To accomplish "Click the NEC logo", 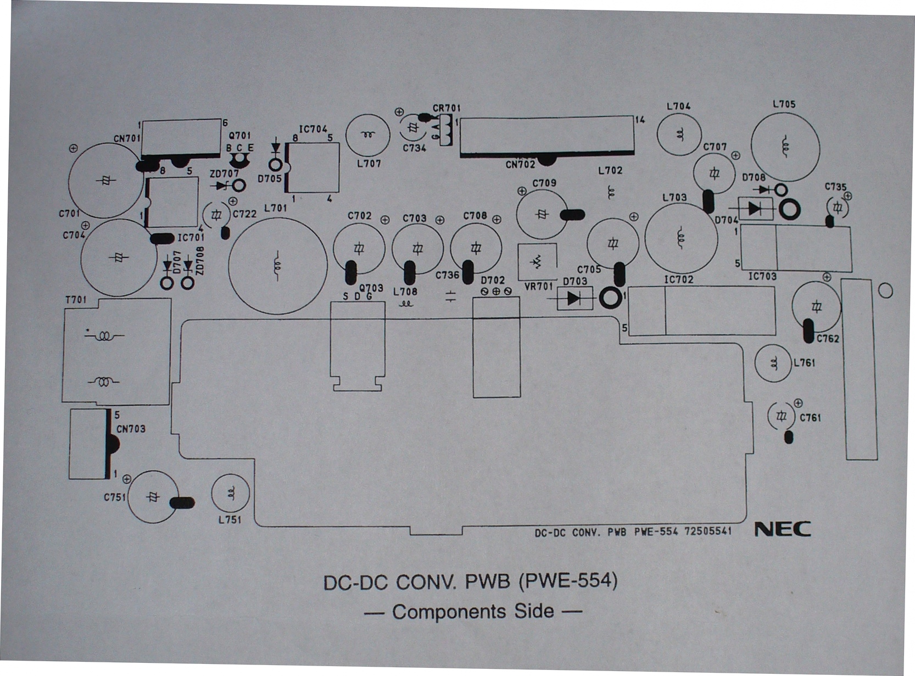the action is tap(783, 529).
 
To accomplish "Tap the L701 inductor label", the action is tap(275, 208).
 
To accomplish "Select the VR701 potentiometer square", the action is tap(537, 262).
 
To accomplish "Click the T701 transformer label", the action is tap(76, 299).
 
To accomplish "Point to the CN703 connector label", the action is tap(131, 429).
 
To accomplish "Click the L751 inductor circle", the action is tap(230, 493).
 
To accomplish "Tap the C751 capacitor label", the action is tap(114, 498).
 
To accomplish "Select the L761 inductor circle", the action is tap(773, 363).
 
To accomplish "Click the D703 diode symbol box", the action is tap(575, 298).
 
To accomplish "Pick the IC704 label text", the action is tap(313, 130).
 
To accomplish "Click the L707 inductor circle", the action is tap(367, 135).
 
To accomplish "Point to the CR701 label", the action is tap(447, 108).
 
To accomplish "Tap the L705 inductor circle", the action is tap(785, 147).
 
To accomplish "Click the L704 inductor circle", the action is tap(679, 135).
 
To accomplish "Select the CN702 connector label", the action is tap(520, 165).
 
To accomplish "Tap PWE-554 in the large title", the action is tap(568, 582).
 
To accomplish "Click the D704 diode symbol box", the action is tap(755, 209).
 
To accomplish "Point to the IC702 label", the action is tap(679, 280).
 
